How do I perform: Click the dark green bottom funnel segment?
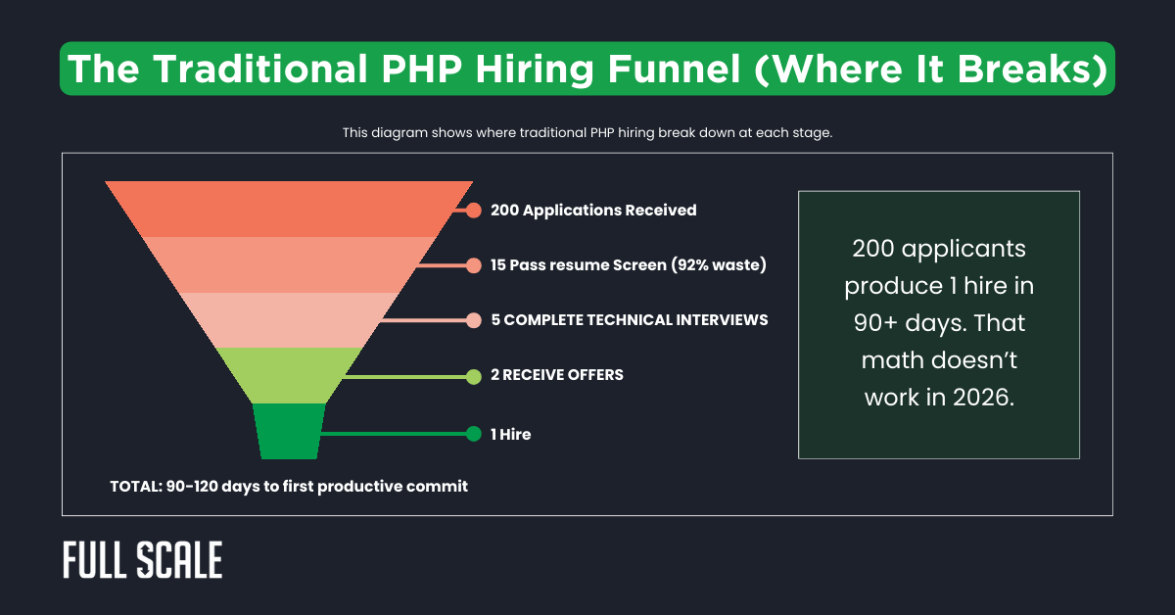[x=289, y=431]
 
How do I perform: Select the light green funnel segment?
[x=289, y=375]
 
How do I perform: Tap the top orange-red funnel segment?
[x=289, y=209]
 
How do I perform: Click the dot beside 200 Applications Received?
[x=474, y=210]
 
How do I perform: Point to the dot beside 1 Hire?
[x=474, y=434]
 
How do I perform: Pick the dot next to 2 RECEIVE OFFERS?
[x=474, y=375]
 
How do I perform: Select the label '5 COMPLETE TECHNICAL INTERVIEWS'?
[x=630, y=320]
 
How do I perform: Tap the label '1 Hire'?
[x=511, y=434]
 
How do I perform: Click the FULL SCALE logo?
[x=143, y=560]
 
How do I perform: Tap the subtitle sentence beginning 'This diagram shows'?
[x=587, y=132]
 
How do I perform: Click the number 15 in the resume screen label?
[x=499, y=264]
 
